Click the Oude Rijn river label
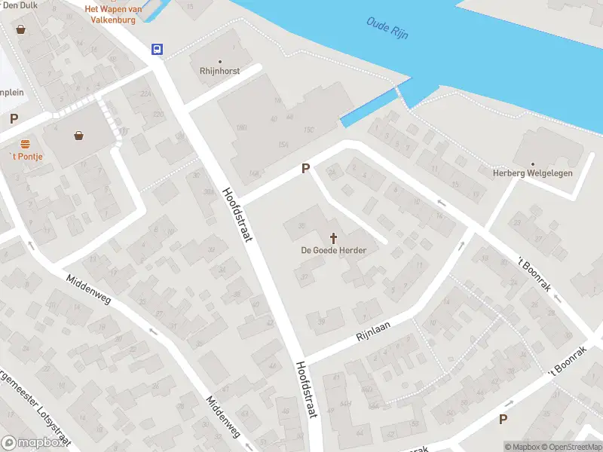tap(387, 29)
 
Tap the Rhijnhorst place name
tap(220, 71)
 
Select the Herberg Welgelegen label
tap(533, 173)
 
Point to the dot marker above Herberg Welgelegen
tap(533, 163)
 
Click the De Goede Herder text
tap(333, 250)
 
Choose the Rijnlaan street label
tap(376, 331)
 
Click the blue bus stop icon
tap(157, 49)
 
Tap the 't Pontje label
tap(26, 156)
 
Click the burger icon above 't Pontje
tap(25, 143)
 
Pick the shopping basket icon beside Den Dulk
tap(20, 29)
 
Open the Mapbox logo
tap(33, 443)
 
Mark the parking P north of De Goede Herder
tap(305, 169)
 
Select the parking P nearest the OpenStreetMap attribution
tap(504, 419)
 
